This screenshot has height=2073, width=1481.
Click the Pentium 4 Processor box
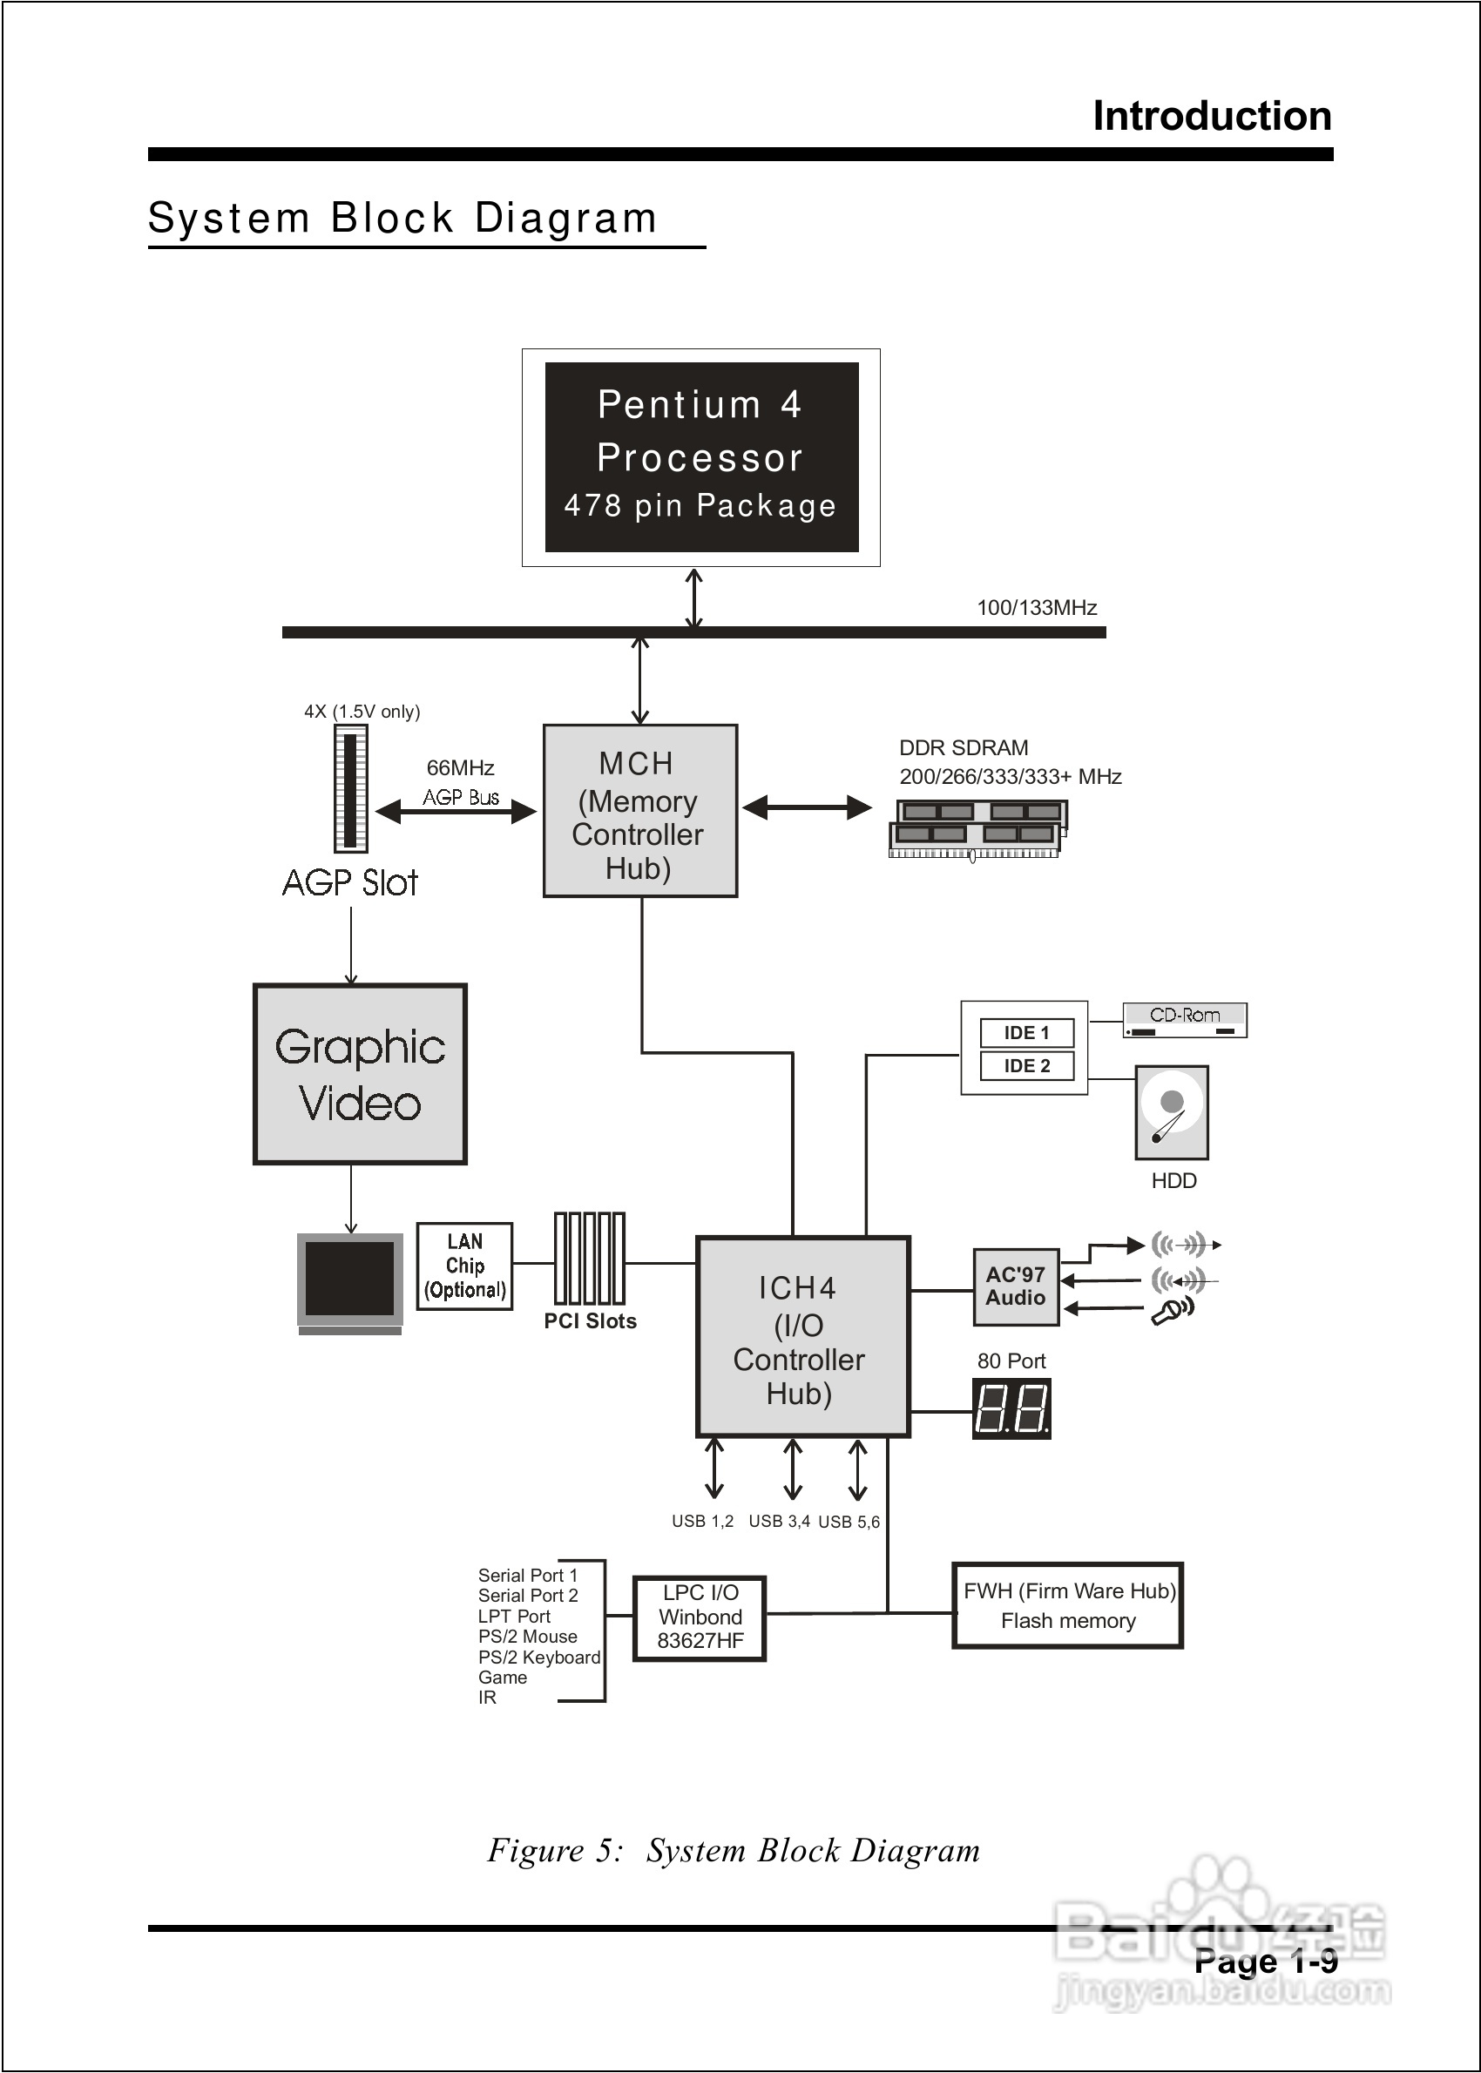click(701, 456)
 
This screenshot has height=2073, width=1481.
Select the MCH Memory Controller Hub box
click(639, 810)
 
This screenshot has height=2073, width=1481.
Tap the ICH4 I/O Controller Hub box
click(802, 1336)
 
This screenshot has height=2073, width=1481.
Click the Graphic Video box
click(360, 1074)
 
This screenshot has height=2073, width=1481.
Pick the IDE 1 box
click(1027, 1033)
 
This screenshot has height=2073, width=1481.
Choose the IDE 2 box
click(1027, 1065)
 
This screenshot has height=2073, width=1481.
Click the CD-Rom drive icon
click(1184, 1020)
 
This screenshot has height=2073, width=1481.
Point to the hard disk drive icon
click(1172, 1112)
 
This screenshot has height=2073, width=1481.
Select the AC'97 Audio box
click(1015, 1286)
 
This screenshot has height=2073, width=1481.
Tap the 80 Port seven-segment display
click(1011, 1408)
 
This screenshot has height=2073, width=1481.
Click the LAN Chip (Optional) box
click(464, 1266)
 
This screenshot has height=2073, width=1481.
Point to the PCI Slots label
click(590, 1321)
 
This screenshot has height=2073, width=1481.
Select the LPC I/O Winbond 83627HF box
click(700, 1618)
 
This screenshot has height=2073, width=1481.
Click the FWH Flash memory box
click(1067, 1605)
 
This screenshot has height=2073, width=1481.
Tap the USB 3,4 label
click(779, 1522)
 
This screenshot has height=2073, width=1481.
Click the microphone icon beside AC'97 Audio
click(1172, 1311)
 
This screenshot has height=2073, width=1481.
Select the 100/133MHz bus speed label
click(1037, 608)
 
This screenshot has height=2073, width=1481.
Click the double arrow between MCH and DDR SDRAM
click(807, 807)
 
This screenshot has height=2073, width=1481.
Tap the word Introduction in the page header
click(1212, 117)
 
